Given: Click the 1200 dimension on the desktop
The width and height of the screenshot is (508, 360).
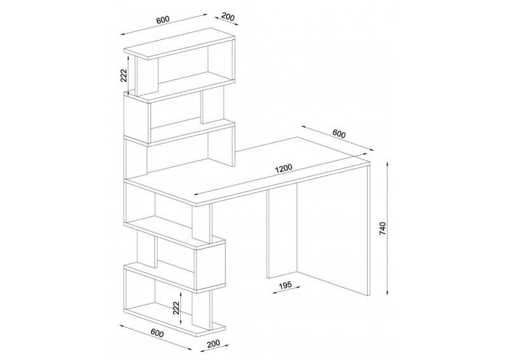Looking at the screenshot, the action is (x=283, y=168).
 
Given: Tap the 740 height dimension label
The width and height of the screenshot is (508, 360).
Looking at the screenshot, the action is (x=383, y=229).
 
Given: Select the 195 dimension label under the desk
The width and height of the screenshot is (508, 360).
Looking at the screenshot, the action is (x=285, y=284).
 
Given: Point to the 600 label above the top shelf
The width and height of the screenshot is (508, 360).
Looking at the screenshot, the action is (x=163, y=20).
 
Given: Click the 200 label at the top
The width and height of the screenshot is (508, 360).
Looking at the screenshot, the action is (x=229, y=17).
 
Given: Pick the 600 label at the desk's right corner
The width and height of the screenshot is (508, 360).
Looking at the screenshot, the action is (x=339, y=133).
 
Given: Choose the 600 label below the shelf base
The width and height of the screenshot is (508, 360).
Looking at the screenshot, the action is (x=157, y=333).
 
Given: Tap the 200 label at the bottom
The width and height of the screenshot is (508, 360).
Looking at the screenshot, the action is (x=213, y=343).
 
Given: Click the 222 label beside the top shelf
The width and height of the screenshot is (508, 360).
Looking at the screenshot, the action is (x=124, y=76).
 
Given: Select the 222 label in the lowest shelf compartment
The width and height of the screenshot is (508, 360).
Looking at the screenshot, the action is (x=176, y=308).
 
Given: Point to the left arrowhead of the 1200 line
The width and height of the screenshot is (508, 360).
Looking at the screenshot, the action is (x=196, y=194).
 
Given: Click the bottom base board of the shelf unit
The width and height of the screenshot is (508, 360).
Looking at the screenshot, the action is (x=175, y=321).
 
